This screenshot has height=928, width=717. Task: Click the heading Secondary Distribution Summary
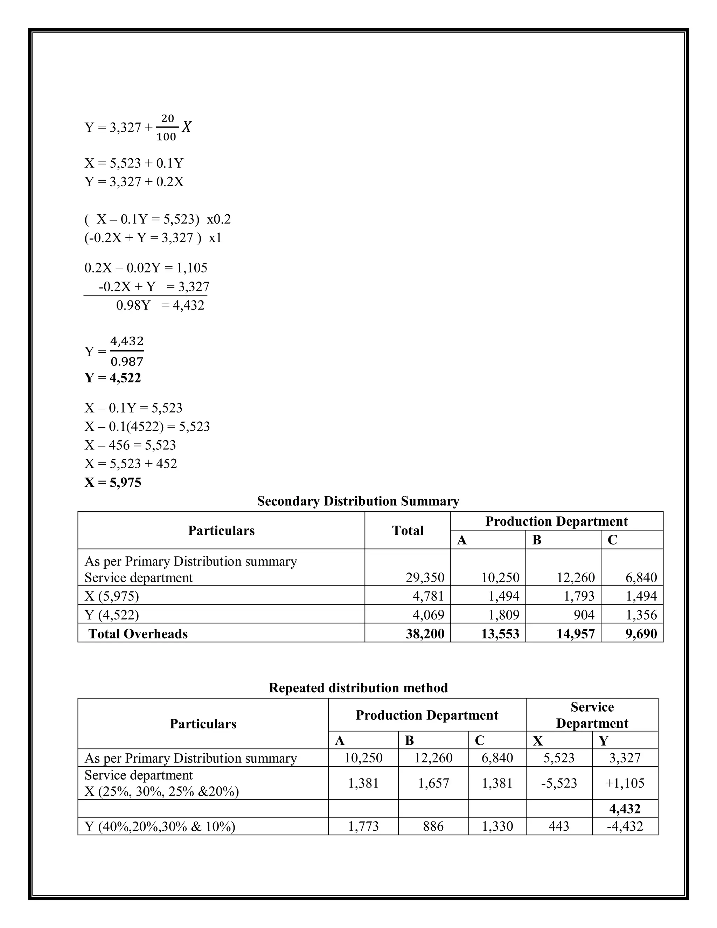pos(358,501)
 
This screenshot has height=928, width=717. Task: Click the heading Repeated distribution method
pos(358,687)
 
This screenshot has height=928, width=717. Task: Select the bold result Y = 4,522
pos(113,378)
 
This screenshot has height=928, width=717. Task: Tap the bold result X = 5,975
pos(113,482)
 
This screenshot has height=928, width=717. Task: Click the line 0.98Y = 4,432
pos(160,305)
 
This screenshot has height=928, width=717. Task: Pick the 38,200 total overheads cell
pos(425,633)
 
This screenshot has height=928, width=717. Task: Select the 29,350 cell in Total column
pos(425,577)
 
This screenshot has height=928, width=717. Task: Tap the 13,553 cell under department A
pos(500,633)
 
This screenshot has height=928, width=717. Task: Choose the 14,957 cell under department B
pos(576,633)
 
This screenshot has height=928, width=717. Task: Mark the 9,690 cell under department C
pos(641,633)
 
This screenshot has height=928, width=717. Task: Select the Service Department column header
pos(592,715)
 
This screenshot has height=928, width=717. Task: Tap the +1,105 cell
pos(625,783)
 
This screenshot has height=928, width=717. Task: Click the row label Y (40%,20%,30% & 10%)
pos(160,826)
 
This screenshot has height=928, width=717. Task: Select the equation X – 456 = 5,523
pos(130,445)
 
